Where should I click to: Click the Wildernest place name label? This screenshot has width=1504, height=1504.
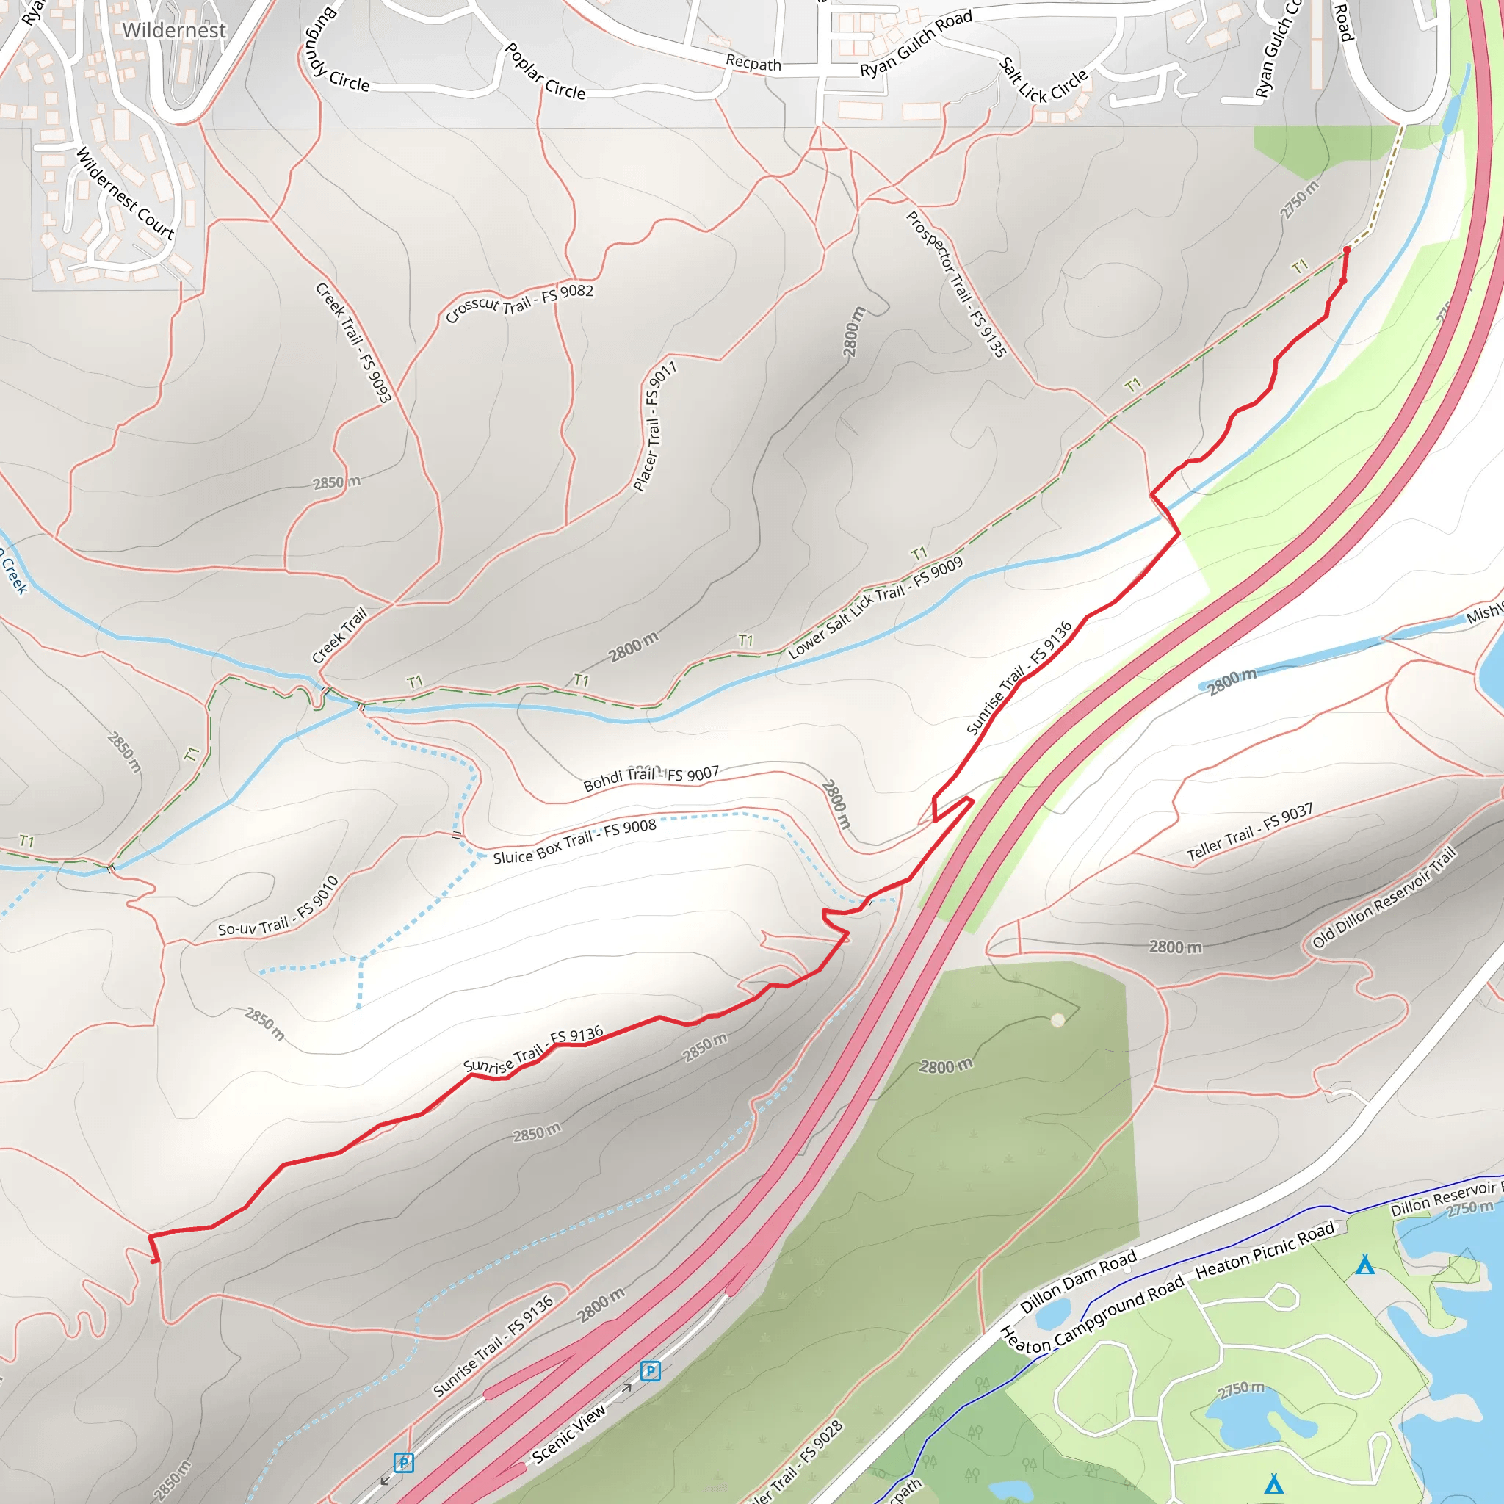point(173,30)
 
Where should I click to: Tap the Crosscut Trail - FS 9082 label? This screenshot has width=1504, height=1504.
point(519,302)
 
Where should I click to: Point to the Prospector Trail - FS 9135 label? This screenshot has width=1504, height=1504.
point(956,284)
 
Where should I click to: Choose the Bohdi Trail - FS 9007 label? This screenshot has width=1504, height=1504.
point(651,778)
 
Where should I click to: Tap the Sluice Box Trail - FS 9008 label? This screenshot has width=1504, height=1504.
point(574,842)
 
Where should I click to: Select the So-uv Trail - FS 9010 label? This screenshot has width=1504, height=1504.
point(278,908)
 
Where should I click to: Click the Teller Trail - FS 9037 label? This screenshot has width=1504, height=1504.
point(1249,832)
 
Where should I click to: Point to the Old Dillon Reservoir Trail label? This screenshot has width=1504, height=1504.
point(1383,897)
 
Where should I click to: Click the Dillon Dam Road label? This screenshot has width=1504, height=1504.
point(1078,1281)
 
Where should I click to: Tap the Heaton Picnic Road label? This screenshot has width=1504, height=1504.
point(1265,1249)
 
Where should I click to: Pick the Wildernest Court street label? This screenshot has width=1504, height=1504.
point(125,192)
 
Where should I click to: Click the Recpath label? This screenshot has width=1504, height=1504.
point(753,63)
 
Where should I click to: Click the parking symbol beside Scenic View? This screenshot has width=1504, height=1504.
point(650,1371)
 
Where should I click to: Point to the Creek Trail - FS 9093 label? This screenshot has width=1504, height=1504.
point(353,342)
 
